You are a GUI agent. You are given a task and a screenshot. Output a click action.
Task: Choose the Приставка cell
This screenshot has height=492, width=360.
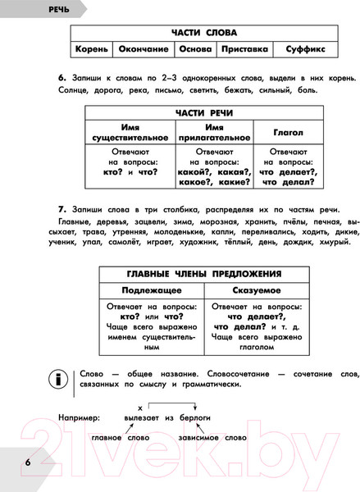[244, 49]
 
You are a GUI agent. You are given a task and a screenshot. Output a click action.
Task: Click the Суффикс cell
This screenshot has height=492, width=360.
[305, 49]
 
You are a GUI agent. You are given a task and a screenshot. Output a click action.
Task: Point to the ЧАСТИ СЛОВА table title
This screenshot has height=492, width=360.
[204, 32]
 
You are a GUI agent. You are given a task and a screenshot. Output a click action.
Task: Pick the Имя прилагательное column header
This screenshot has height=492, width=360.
[213, 132]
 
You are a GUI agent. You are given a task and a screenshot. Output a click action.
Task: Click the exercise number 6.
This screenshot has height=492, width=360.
[62, 76]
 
